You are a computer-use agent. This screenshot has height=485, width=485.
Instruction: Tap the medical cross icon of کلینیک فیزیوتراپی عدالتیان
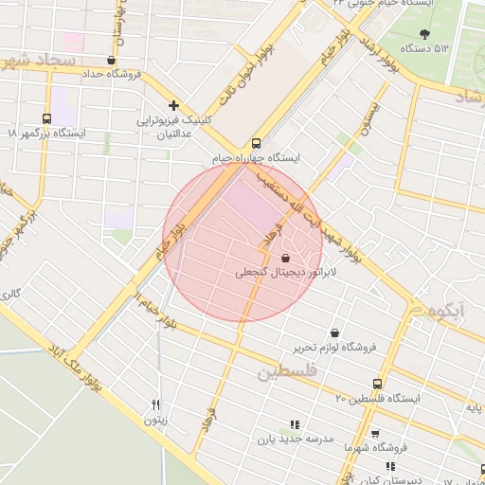click(x=172, y=106)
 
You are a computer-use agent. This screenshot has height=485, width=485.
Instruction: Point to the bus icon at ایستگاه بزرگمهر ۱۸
click(x=46, y=118)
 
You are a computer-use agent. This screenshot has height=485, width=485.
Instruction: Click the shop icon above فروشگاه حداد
click(x=111, y=60)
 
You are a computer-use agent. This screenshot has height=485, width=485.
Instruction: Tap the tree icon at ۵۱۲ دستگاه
click(x=422, y=34)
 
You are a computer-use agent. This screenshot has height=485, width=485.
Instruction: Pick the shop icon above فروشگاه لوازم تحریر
click(x=335, y=332)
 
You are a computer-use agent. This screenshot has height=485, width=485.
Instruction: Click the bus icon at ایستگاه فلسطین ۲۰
click(x=378, y=384)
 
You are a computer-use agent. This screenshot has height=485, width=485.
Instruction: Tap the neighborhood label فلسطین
click(x=281, y=370)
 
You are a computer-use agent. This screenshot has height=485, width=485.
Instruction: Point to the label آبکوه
click(x=445, y=312)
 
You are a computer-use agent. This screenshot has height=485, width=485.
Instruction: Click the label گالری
click(x=10, y=294)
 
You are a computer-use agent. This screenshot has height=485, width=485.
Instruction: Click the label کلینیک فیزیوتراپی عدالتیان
click(x=167, y=127)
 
